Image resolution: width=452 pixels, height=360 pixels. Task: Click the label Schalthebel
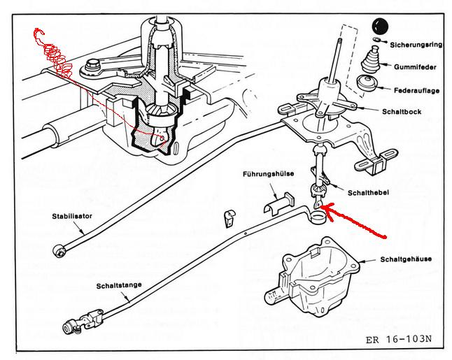click(x=368, y=192)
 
